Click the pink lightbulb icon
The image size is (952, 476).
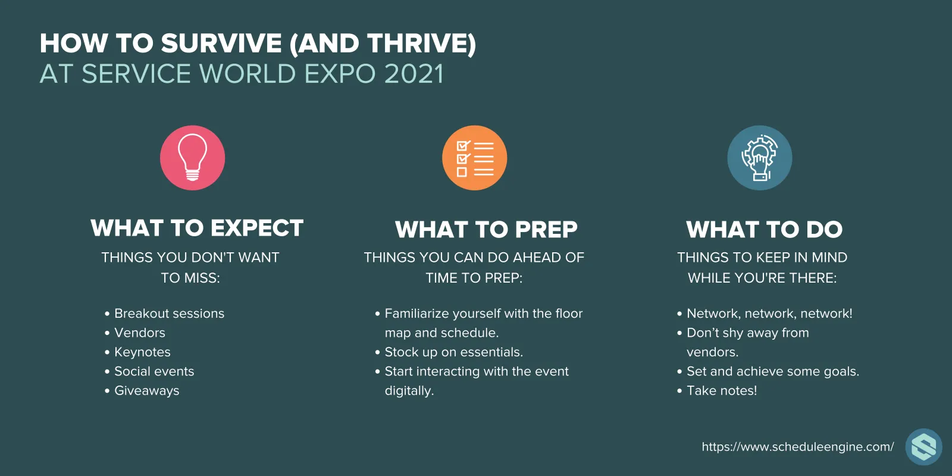(193, 158)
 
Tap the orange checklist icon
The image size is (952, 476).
(475, 158)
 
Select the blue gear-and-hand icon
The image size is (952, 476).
(760, 158)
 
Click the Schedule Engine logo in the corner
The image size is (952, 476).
(923, 447)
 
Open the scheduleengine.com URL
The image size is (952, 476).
(798, 447)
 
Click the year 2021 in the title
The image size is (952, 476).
(414, 74)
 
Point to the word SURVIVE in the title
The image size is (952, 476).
(221, 43)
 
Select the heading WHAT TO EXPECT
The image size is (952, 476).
(197, 228)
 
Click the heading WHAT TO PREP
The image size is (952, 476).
(486, 230)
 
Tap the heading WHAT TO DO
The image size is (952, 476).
(764, 230)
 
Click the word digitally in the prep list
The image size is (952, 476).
(409, 391)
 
